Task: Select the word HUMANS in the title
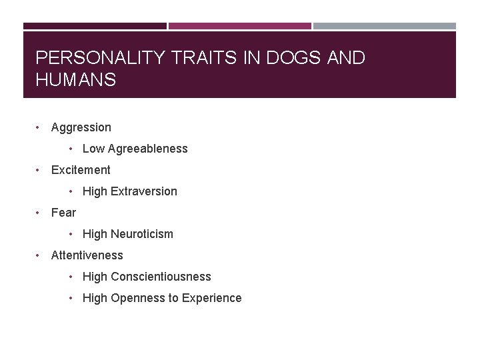tap(76, 81)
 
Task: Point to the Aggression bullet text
tap(81, 127)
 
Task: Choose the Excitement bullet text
tap(81, 170)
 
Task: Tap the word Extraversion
tap(144, 191)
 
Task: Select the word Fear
tap(63, 213)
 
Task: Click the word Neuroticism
tap(142, 234)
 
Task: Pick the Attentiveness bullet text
tap(87, 255)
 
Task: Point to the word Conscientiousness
tap(161, 277)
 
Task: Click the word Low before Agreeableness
tap(93, 149)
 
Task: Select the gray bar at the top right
tap(385, 26)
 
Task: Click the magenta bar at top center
tap(240, 26)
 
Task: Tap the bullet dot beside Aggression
tap(40, 127)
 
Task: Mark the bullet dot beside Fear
tap(40, 213)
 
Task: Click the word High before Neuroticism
tap(95, 234)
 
